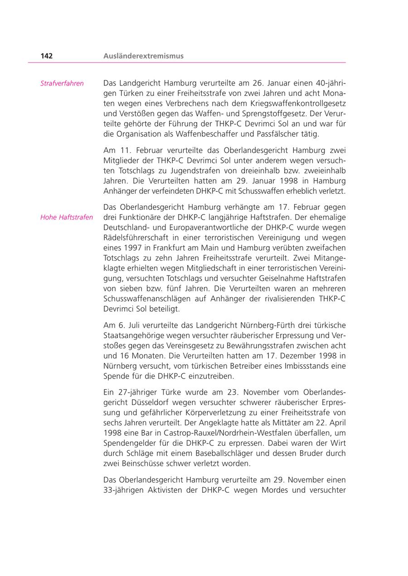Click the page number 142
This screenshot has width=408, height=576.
tap(46, 56)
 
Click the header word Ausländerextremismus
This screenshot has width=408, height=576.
tap(143, 56)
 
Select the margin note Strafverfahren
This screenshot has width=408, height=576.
tap(62, 84)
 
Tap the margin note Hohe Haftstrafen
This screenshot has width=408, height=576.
tap(67, 217)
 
